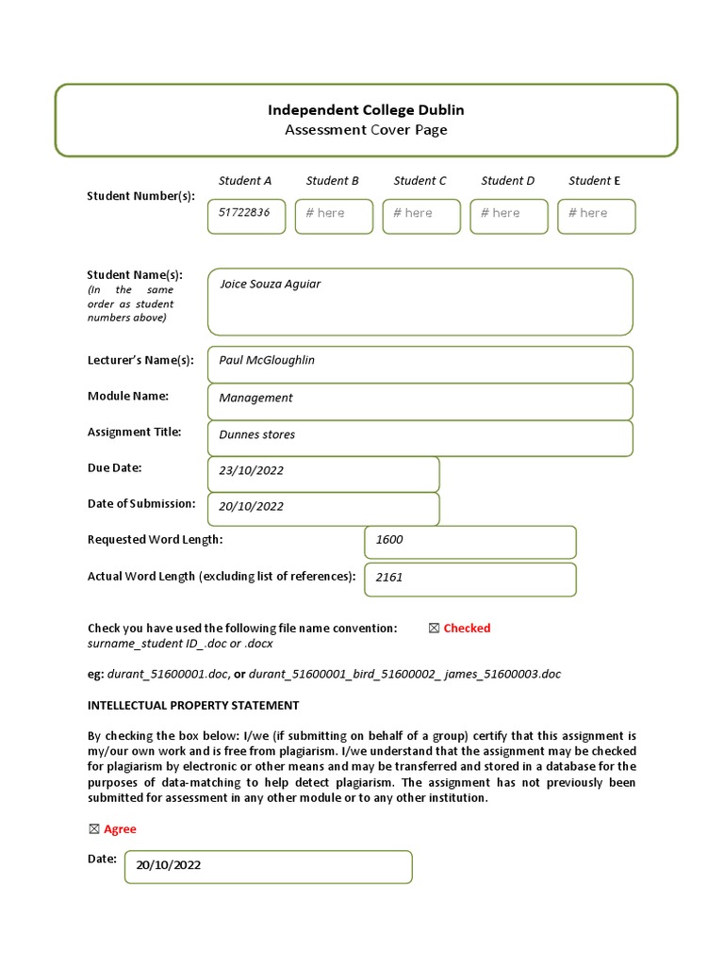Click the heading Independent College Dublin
click(x=366, y=110)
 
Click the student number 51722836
click(x=244, y=213)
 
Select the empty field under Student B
click(x=334, y=216)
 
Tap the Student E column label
click(x=594, y=181)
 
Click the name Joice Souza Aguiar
click(x=270, y=284)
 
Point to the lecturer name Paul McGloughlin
click(x=267, y=361)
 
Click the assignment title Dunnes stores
click(x=256, y=434)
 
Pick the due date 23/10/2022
click(x=251, y=471)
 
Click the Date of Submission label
click(x=141, y=503)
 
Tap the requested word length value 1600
click(x=388, y=540)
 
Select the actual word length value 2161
click(x=388, y=578)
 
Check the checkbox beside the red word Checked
click(x=434, y=629)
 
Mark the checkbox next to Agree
click(x=93, y=829)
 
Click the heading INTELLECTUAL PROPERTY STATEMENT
click(x=193, y=705)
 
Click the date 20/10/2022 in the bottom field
click(x=168, y=865)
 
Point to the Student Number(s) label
click(x=140, y=196)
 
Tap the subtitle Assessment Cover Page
click(x=366, y=130)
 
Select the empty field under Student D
click(x=508, y=216)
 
